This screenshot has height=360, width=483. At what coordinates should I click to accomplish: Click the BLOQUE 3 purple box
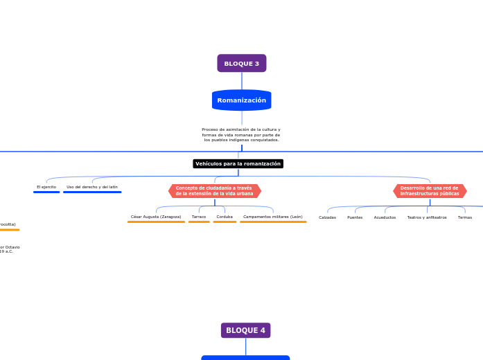pyautogui.click(x=241, y=64)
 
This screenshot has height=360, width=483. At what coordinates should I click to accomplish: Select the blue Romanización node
pyautogui.click(x=241, y=100)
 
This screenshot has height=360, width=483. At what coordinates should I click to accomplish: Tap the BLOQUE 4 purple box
pyautogui.click(x=245, y=330)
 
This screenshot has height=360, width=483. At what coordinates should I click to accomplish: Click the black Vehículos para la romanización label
pyautogui.click(x=238, y=164)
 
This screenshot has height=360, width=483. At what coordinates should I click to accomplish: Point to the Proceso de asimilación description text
pyautogui.click(x=241, y=134)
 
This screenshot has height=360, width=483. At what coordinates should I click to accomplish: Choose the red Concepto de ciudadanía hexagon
pyautogui.click(x=214, y=191)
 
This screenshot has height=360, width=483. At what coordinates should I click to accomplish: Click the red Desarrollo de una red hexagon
pyautogui.click(x=430, y=191)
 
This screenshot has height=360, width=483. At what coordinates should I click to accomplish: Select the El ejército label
pyautogui.click(x=46, y=187)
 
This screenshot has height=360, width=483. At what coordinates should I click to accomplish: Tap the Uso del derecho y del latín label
pyautogui.click(x=92, y=187)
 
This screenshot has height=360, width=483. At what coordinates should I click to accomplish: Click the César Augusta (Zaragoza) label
pyautogui.click(x=156, y=217)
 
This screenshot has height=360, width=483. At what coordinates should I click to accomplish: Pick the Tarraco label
pyautogui.click(x=199, y=217)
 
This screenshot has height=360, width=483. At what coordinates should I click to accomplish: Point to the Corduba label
pyautogui.click(x=225, y=217)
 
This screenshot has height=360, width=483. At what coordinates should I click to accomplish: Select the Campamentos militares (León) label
pyautogui.click(x=273, y=217)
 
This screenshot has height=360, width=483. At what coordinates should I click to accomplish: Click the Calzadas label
pyautogui.click(x=327, y=217)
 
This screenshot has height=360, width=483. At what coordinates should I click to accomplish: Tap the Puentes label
pyautogui.click(x=355, y=217)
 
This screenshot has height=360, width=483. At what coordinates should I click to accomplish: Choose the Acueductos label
pyautogui.click(x=385, y=217)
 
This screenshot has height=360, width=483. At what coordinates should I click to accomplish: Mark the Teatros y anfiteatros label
pyautogui.click(x=427, y=217)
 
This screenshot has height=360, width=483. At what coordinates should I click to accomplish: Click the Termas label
pyautogui.click(x=465, y=217)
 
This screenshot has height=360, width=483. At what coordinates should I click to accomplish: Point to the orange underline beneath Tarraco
pyautogui.click(x=199, y=222)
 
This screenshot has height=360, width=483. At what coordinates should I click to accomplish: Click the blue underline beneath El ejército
pyautogui.click(x=46, y=192)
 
